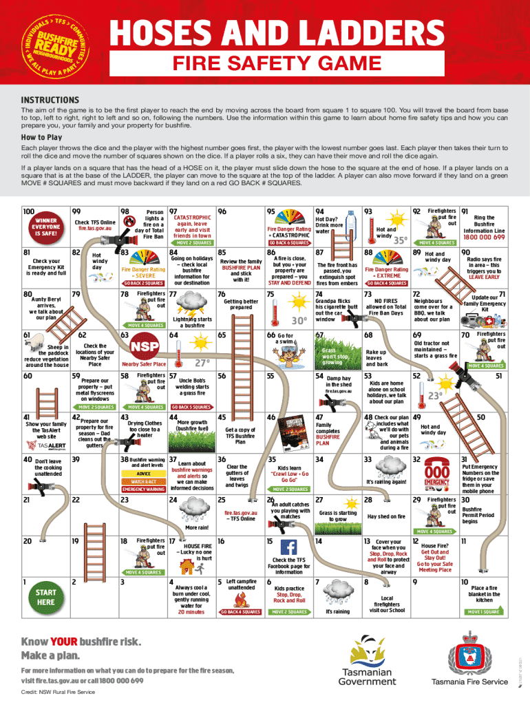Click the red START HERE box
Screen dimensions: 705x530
point(46,596)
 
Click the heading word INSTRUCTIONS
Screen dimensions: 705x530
point(50,99)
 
